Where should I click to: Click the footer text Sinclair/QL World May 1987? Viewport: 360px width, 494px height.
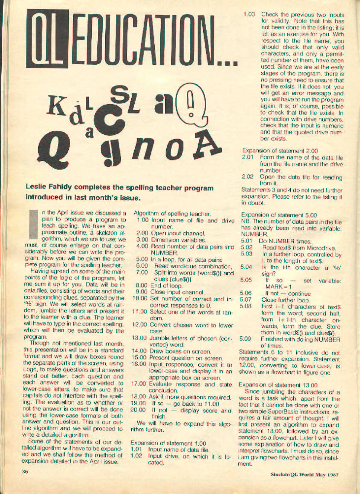[x=305, y=474]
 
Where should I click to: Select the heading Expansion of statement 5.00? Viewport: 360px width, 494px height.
[x=279, y=215]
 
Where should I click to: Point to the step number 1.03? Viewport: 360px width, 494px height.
[x=249, y=14]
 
